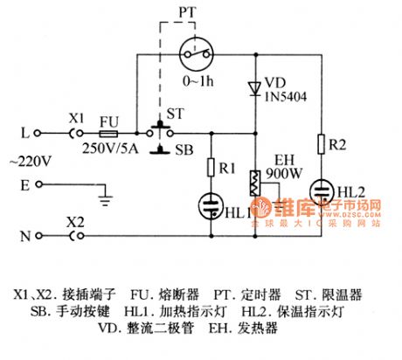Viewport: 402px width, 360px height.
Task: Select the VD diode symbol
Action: [x=254, y=87]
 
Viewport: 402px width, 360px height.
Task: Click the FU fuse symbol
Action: [x=109, y=135]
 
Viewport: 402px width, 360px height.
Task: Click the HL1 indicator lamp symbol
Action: [x=211, y=204]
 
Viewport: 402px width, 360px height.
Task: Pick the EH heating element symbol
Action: [x=255, y=185]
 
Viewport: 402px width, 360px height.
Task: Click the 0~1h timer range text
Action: [x=198, y=80]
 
